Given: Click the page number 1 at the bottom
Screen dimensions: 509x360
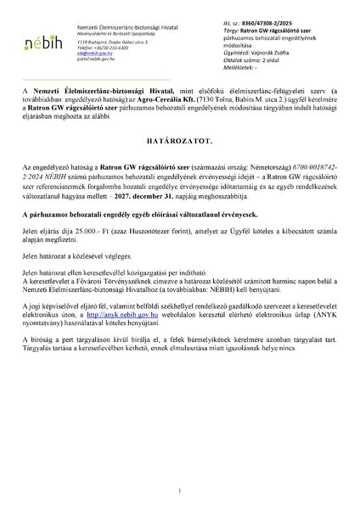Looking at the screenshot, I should (180, 489).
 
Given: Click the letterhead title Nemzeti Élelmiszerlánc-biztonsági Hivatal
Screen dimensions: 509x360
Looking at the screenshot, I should (120, 28).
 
